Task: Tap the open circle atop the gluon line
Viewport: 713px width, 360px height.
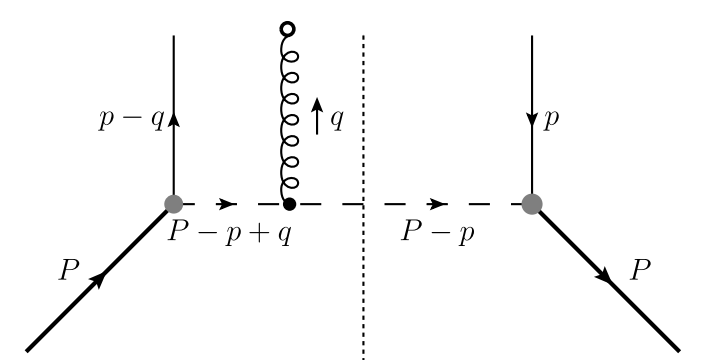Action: pyautogui.click(x=289, y=28)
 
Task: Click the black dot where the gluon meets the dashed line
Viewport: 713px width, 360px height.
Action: pyautogui.click(x=289, y=204)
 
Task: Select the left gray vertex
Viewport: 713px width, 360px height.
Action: pyautogui.click(x=175, y=204)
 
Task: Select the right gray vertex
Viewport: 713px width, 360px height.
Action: pyautogui.click(x=532, y=204)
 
